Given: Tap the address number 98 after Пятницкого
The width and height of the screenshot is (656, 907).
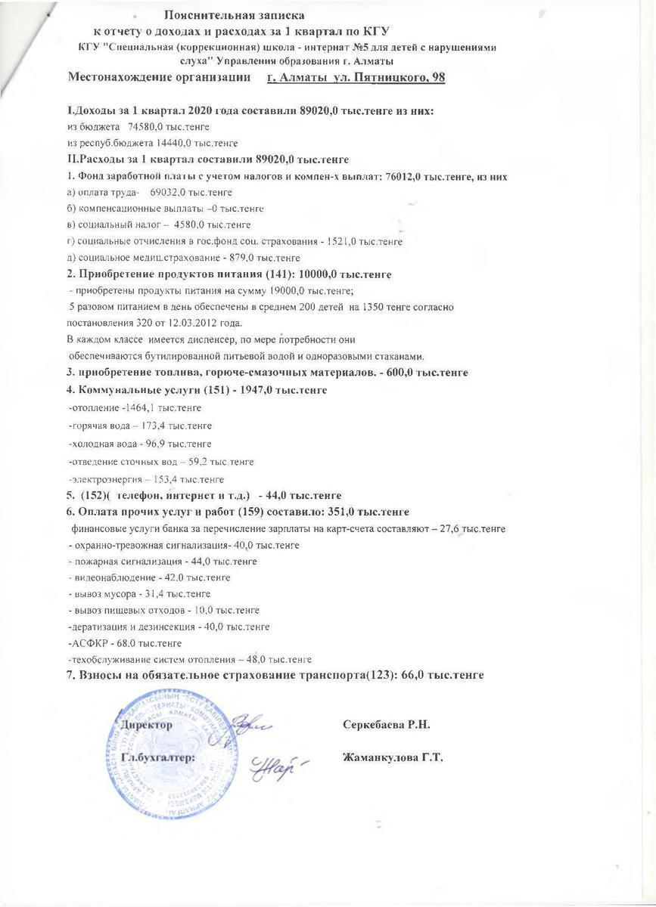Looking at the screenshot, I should click(x=434, y=78).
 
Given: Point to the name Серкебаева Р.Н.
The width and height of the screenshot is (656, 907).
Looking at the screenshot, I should click(x=386, y=725).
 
